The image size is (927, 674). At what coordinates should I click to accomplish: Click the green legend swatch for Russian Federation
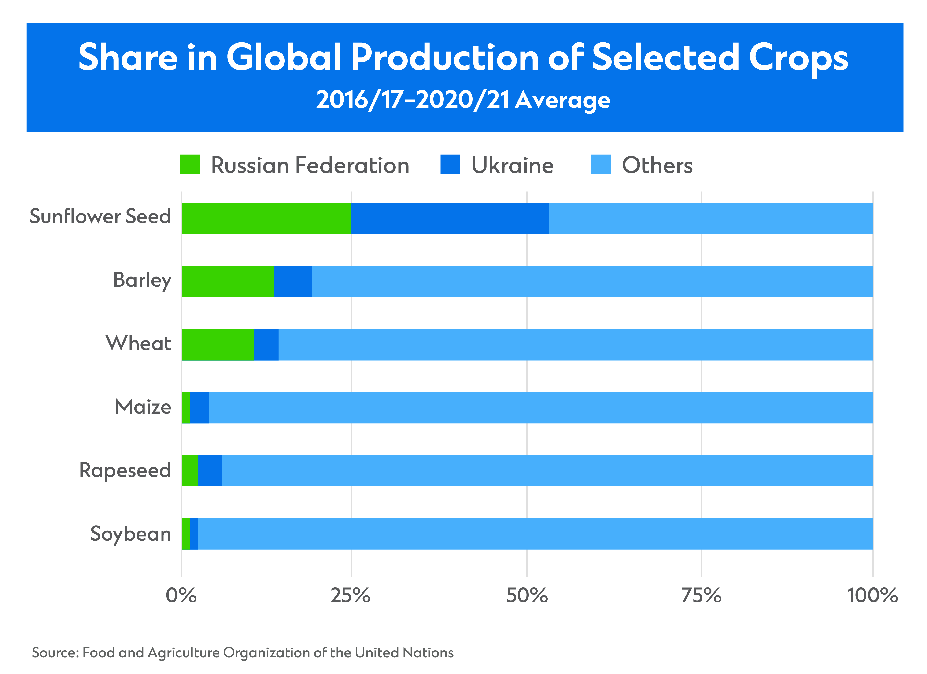[x=190, y=165]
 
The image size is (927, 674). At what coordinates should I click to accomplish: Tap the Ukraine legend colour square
[x=450, y=165]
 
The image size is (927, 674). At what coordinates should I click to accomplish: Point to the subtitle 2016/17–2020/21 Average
[x=463, y=100]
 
